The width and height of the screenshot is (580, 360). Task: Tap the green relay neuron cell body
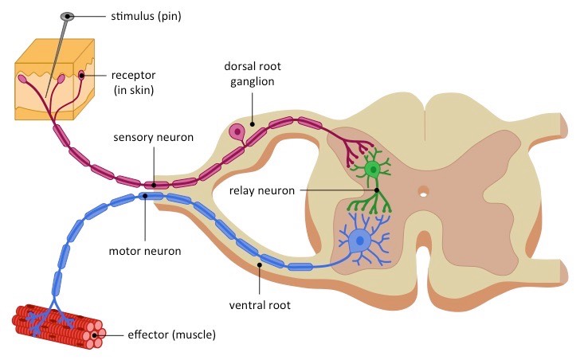pyautogui.click(x=371, y=169)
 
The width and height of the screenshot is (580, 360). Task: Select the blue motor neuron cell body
pyautogui.click(x=361, y=238)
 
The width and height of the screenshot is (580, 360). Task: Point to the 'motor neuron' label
pyautogui.click(x=144, y=251)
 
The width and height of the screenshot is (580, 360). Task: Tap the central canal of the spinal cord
pyautogui.click(x=424, y=191)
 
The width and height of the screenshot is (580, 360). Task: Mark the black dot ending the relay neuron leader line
pyautogui.click(x=376, y=190)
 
